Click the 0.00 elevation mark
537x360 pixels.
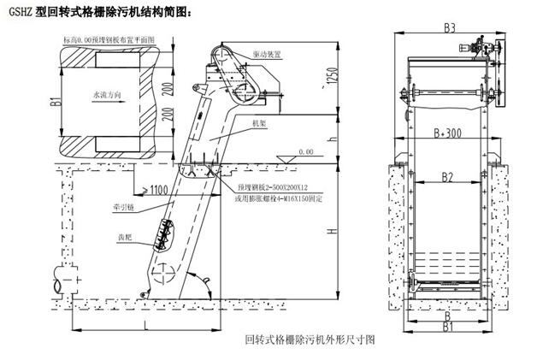click(304, 152)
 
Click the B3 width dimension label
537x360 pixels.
click(449, 27)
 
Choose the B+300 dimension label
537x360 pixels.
click(450, 133)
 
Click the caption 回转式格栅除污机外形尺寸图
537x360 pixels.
click(310, 339)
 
